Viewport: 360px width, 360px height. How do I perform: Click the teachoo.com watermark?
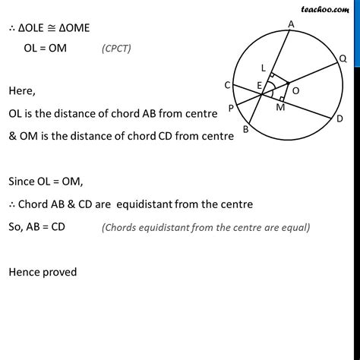[x=333, y=7]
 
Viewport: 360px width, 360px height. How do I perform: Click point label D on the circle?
[x=339, y=118]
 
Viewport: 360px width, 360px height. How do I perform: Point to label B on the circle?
[x=245, y=129]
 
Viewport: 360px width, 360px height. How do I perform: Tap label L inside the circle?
[x=263, y=69]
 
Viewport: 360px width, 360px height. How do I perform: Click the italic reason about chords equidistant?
[x=205, y=227]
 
